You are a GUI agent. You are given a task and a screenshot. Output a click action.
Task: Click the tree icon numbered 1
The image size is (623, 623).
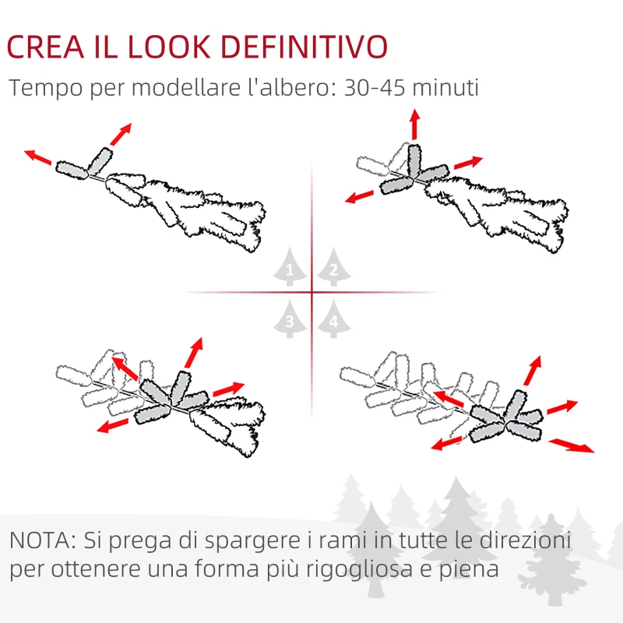click(290, 269)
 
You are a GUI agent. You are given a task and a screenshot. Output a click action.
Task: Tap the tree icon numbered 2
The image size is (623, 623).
click(333, 269)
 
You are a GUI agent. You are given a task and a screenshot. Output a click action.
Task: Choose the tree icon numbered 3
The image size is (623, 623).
click(290, 319)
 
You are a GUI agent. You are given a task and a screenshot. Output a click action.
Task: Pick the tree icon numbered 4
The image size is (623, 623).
click(333, 319)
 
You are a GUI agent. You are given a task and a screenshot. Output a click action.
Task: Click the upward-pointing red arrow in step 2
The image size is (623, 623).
click(415, 125)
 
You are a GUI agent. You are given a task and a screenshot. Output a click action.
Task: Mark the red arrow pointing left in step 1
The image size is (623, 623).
click(37, 157)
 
